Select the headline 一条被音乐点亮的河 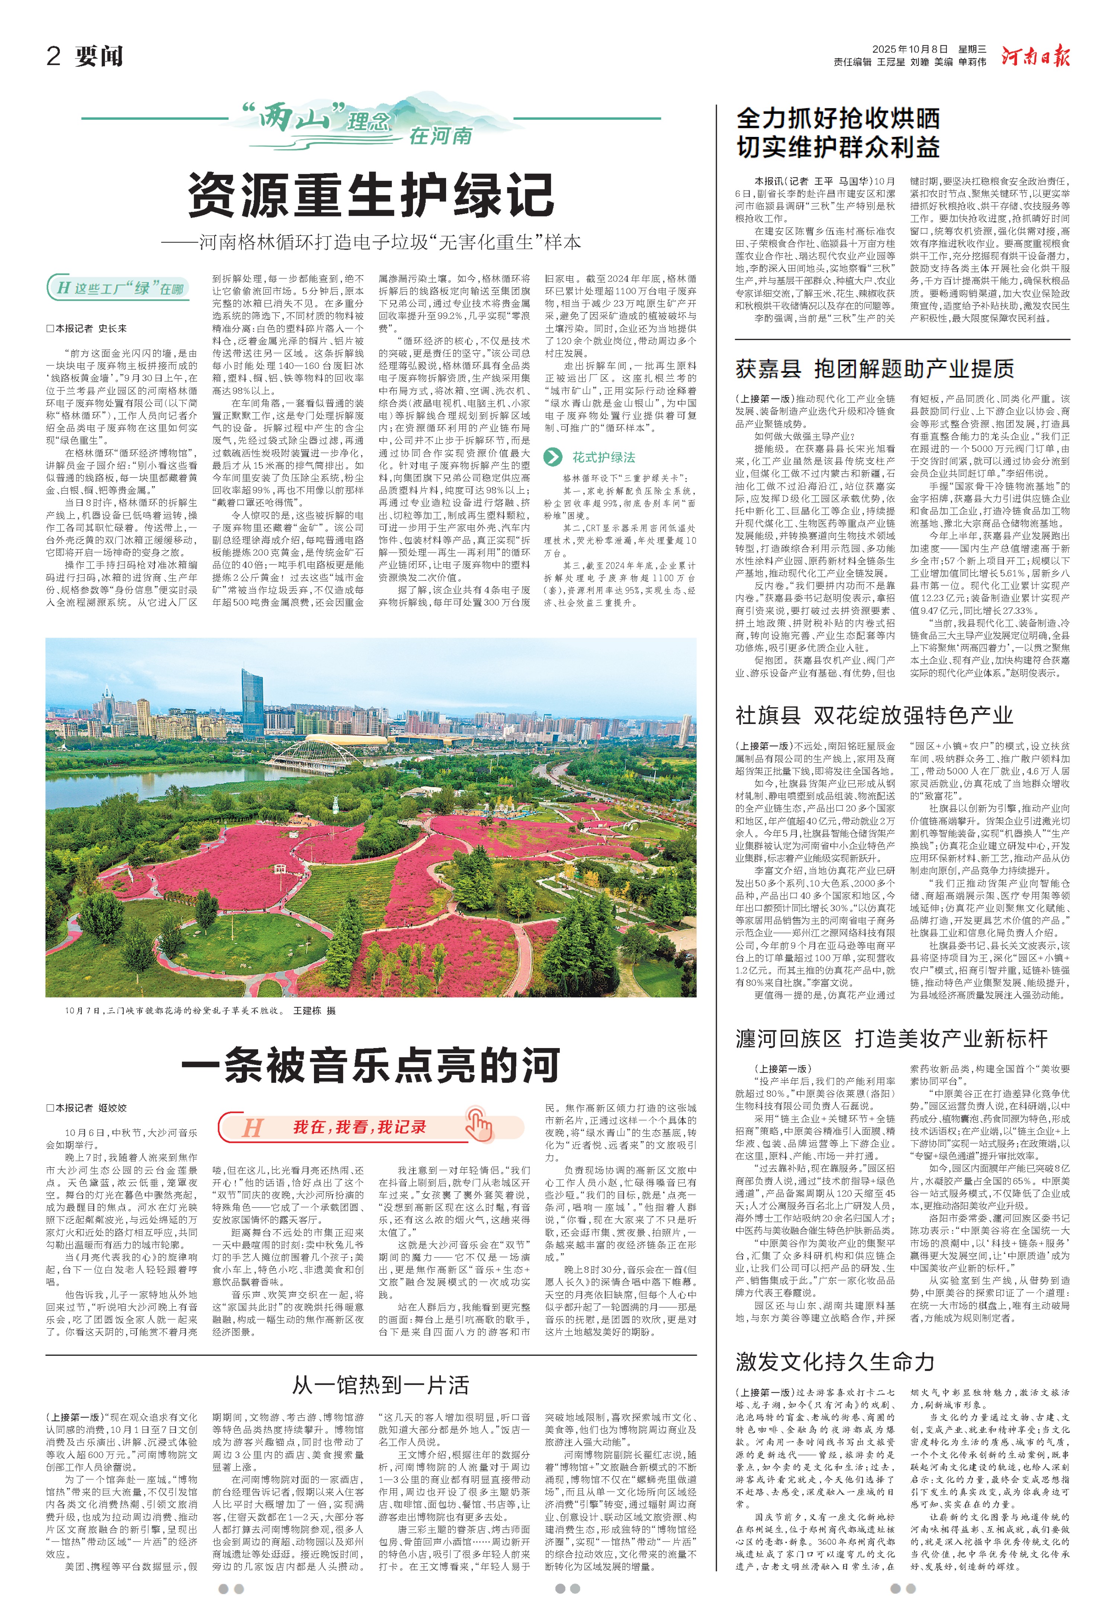pos(371,1066)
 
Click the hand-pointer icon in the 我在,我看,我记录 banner pos(480,1124)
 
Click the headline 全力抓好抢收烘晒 pos(838,119)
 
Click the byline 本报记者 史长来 pos(87,328)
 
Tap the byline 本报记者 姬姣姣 pos(87,1107)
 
